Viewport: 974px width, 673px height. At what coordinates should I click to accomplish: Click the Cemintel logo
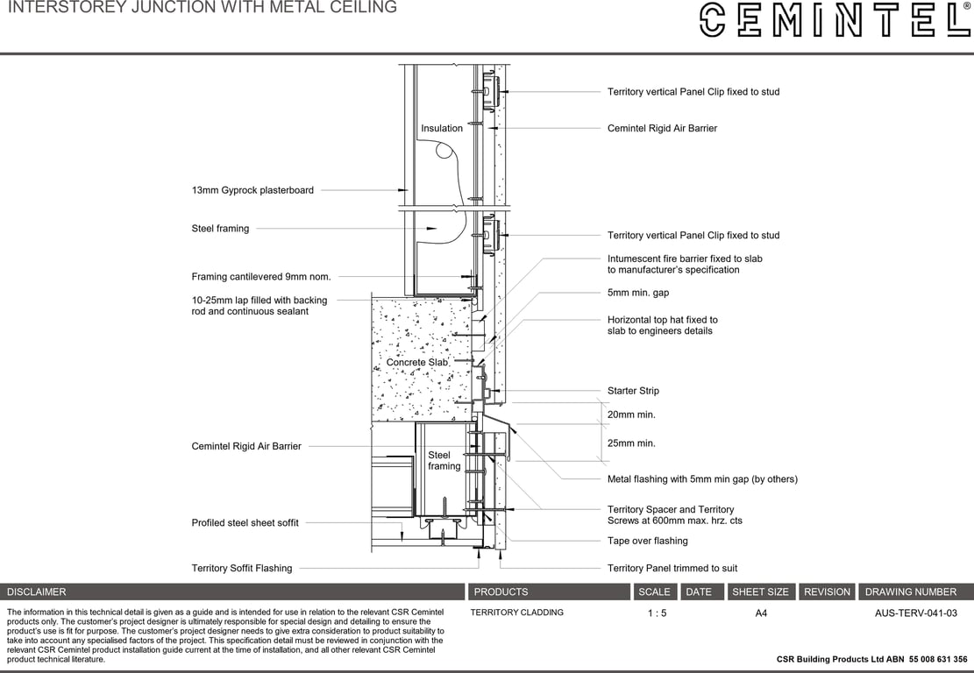[835, 19]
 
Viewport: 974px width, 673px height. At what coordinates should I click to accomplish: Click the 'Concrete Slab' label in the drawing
[417, 362]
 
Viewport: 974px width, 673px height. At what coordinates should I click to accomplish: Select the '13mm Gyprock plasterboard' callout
[252, 190]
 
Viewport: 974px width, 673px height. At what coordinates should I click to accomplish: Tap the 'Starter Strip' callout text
[633, 391]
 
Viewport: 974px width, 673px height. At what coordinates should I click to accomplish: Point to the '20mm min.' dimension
[631, 414]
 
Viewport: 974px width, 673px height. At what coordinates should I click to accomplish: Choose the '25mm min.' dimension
[631, 443]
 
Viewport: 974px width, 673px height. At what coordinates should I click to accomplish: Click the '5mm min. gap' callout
[637, 293]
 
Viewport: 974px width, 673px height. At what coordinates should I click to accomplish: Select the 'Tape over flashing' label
[647, 541]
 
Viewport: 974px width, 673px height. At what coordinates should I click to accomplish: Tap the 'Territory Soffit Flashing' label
[242, 569]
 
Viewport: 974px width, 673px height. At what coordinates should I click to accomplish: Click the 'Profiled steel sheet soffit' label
[245, 523]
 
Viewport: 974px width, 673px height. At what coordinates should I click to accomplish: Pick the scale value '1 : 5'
[657, 613]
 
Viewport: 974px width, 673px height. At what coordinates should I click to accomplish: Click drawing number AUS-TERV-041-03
[915, 613]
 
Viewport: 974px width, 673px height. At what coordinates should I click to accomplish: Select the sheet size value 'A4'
[760, 613]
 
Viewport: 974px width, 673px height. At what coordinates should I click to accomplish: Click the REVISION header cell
[827, 592]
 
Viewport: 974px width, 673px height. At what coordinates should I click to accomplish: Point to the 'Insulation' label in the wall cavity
[442, 129]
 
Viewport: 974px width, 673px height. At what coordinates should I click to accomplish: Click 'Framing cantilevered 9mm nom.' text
[261, 277]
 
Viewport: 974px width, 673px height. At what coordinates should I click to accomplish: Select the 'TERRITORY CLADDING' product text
[516, 613]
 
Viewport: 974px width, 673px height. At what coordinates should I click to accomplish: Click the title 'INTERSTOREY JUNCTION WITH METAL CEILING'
[203, 8]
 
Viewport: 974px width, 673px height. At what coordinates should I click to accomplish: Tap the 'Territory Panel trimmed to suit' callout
[672, 569]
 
